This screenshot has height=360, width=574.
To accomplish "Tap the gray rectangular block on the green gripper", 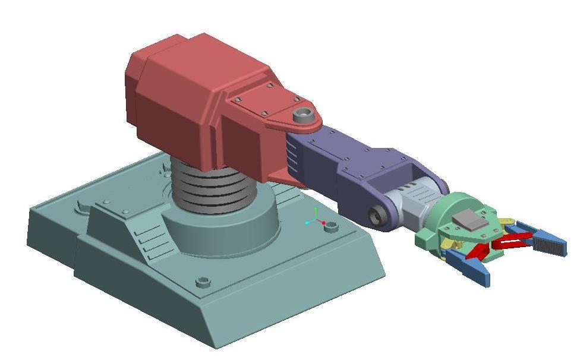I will (x=469, y=222).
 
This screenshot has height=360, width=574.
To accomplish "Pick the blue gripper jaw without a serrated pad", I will (x=469, y=267).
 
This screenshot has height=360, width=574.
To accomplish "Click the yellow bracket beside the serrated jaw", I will (x=507, y=224).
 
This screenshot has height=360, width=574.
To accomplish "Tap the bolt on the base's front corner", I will (x=203, y=281).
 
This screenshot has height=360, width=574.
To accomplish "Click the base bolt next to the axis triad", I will (x=332, y=226).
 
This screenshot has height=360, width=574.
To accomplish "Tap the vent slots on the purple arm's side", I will (x=291, y=157).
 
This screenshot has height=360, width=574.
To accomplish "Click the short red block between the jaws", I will (x=475, y=252).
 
